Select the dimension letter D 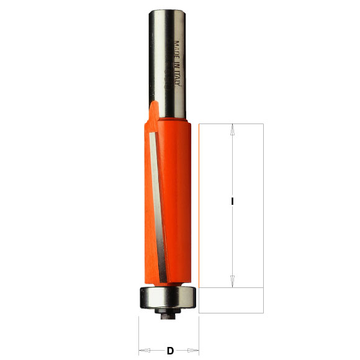pyautogui.click(x=170, y=351)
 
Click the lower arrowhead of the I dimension pyautogui.click(x=232, y=282)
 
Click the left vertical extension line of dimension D pyautogui.click(x=138, y=335)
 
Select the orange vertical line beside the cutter pyautogui.click(x=199, y=205)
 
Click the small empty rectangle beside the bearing pyautogui.click(x=231, y=300)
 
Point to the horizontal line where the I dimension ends pyautogui.click(x=231, y=288)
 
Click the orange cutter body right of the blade pyautogui.click(x=180, y=199)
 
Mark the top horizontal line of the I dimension pyautogui.click(x=231, y=124)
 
